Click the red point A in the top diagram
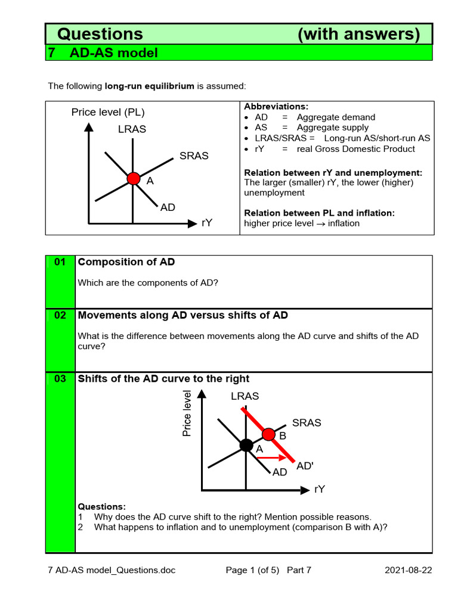tap(134, 178)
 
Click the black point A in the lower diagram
tap(246, 445)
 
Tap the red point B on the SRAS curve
tap(269, 434)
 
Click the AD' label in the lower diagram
tap(305, 466)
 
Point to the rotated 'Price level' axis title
tap(187, 413)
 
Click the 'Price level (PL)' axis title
tap(108, 112)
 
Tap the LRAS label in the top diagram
tap(132, 129)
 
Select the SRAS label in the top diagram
tap(194, 156)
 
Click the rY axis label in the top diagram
tap(207, 223)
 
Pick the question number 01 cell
tap(60, 263)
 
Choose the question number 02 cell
tap(60, 316)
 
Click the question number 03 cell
tap(60, 379)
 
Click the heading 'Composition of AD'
tap(126, 262)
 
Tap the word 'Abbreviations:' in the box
tap(276, 107)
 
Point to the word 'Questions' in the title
tap(100, 34)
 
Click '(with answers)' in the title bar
tap(358, 34)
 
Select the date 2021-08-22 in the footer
tap(409, 570)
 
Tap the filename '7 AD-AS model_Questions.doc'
tap(112, 570)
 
